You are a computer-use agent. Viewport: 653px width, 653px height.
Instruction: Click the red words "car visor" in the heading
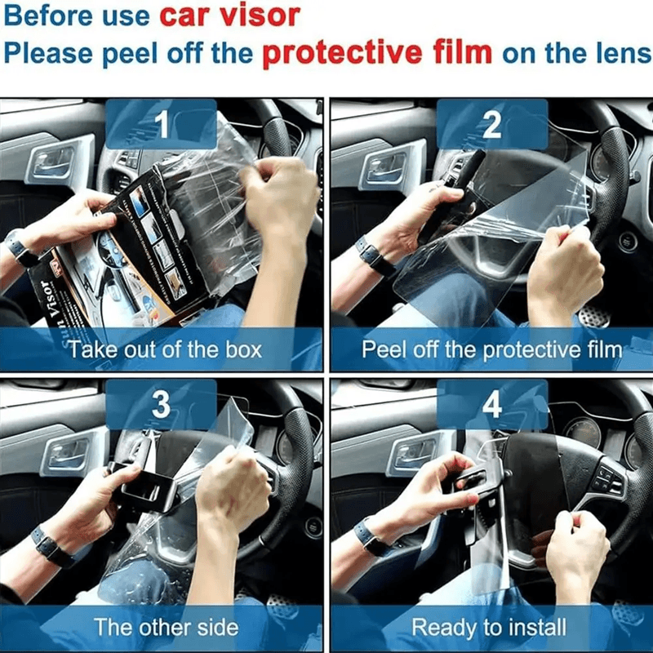tap(229, 16)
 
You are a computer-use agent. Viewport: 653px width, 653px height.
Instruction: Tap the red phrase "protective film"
tap(377, 52)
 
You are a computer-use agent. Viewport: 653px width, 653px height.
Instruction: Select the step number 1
tap(162, 125)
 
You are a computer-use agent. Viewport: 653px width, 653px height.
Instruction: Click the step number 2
tap(491, 125)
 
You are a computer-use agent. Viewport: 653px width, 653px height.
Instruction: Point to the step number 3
tap(161, 404)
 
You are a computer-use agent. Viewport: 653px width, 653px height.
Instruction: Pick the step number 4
tap(491, 404)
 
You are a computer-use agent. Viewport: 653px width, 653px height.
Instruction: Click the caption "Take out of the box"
tap(165, 350)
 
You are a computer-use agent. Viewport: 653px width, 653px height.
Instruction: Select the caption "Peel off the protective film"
tap(491, 350)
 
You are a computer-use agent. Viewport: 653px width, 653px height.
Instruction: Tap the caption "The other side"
tap(166, 627)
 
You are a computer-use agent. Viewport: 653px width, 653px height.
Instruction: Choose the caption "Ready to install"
tap(489, 627)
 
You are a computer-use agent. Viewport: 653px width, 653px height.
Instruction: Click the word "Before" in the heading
tap(47, 16)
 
